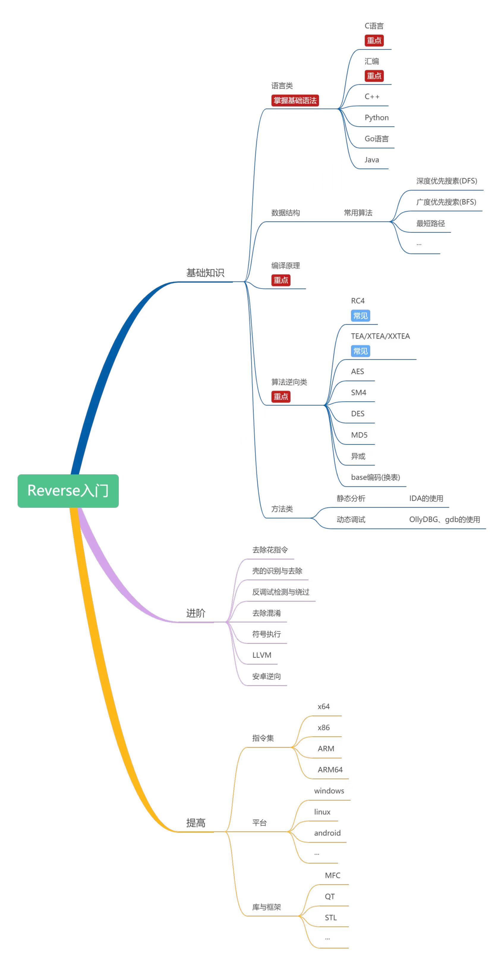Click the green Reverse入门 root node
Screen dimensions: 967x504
68,491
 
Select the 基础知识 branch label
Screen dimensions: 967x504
205,273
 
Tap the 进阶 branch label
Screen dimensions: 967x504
196,613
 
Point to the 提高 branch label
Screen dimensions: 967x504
196,823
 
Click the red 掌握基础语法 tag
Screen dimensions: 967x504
295,101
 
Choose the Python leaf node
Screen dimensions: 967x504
376,118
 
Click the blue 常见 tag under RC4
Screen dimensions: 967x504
360,316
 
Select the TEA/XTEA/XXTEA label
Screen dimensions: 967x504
380,336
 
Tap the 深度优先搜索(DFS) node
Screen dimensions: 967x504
446,181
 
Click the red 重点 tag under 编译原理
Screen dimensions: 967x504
281,280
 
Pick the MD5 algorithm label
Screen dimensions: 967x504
359,435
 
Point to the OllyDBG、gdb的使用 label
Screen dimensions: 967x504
444,519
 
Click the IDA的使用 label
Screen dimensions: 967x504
426,499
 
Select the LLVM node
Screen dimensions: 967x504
262,655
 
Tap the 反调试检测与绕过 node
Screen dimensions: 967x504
281,592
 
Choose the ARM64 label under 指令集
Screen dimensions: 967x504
330,770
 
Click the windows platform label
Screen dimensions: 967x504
329,791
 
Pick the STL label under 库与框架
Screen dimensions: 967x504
330,917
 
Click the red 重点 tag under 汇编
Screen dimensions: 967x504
374,76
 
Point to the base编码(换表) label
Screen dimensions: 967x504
375,477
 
